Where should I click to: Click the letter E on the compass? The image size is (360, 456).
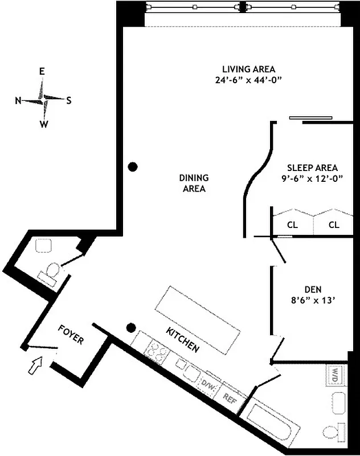[x=42, y=71]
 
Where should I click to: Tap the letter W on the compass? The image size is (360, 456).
[x=43, y=125]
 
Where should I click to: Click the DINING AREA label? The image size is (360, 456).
[x=194, y=183]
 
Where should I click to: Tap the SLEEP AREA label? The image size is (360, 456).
[x=312, y=168]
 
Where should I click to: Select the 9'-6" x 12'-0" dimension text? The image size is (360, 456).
[x=312, y=178]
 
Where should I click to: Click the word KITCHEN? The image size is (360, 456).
[x=182, y=339]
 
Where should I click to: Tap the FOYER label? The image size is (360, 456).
[x=71, y=335]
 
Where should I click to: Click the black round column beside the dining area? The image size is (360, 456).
[x=133, y=166]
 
